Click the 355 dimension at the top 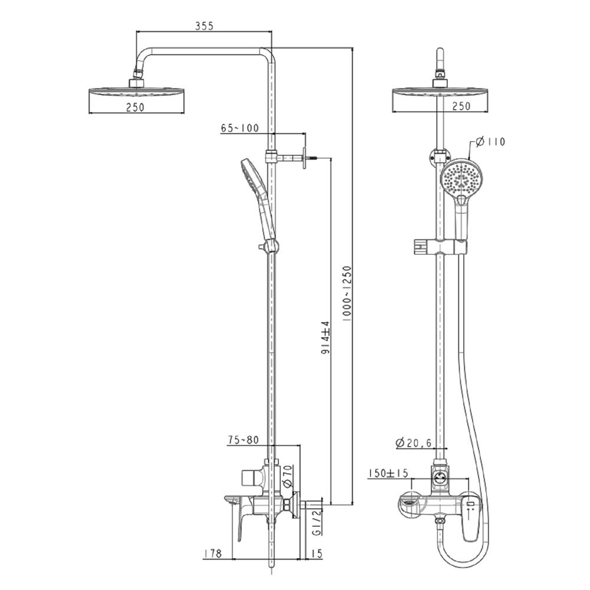204,25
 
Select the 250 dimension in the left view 135,106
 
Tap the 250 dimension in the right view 460,106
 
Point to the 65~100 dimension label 240,129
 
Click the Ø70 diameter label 287,476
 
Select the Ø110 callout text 490,142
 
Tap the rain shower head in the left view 136,93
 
